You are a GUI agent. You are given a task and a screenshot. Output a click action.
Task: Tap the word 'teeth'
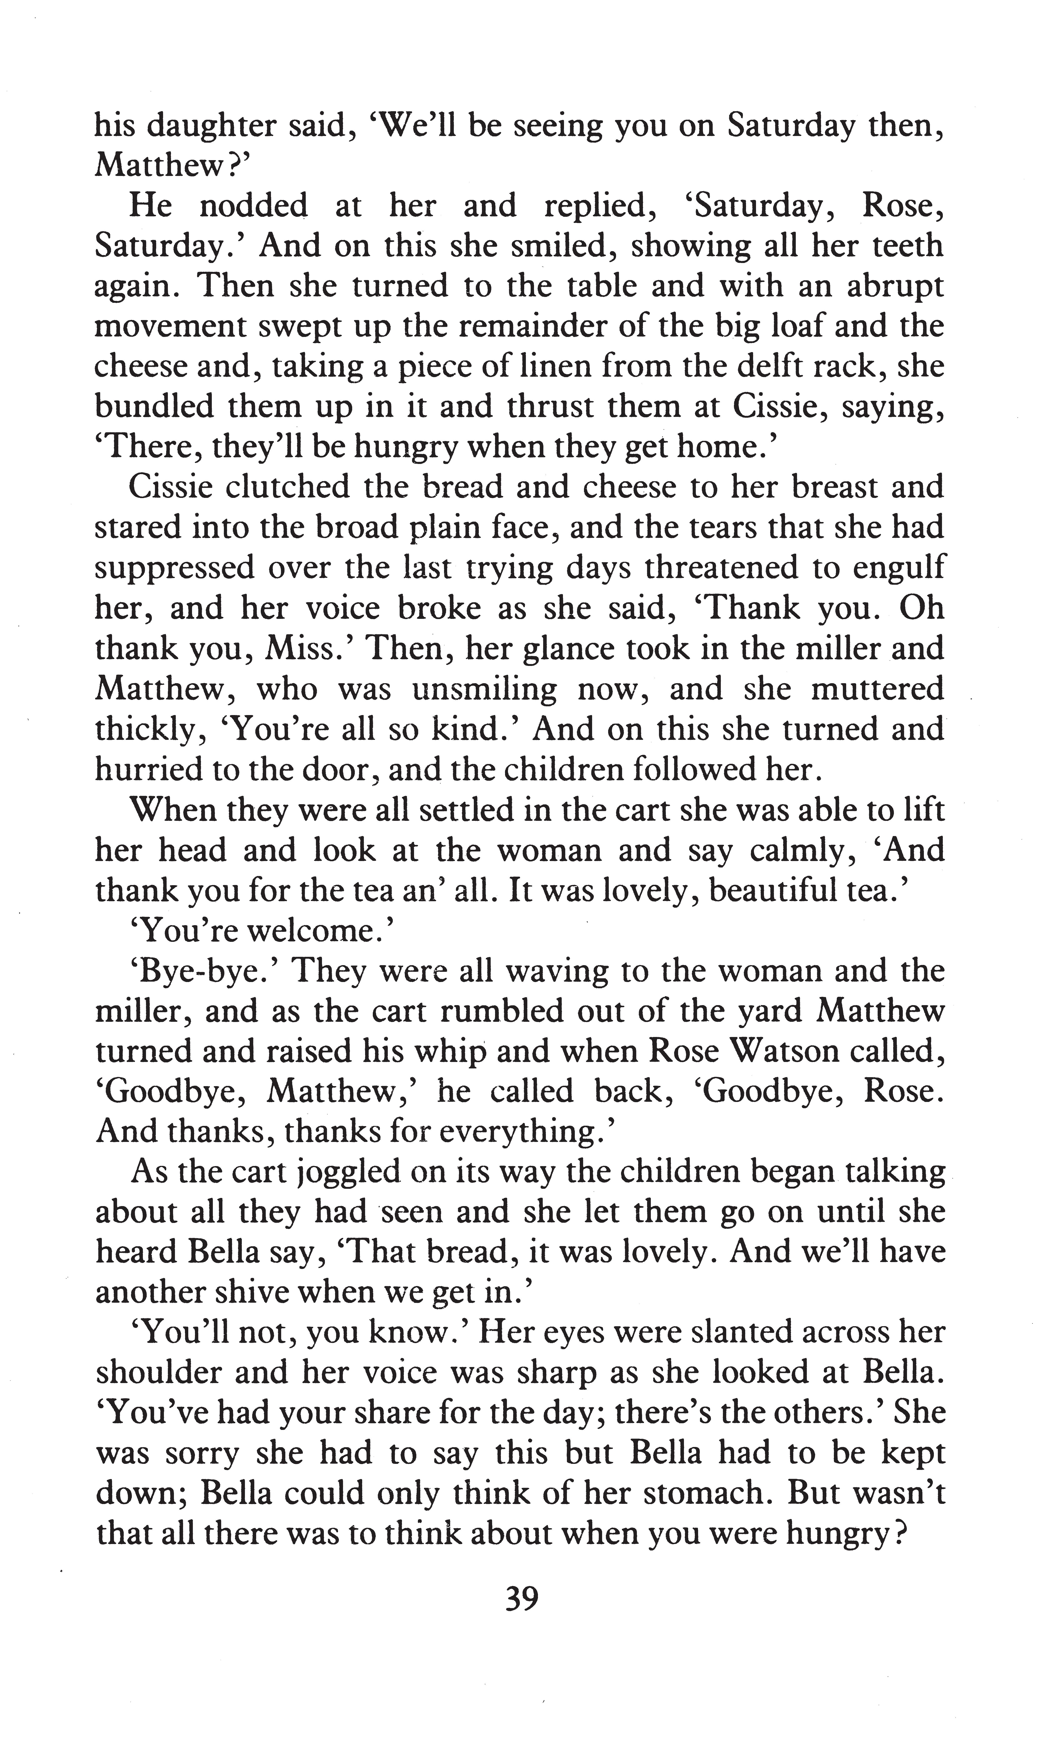tap(907, 246)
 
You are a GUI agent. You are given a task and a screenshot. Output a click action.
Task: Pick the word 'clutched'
tap(287, 488)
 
